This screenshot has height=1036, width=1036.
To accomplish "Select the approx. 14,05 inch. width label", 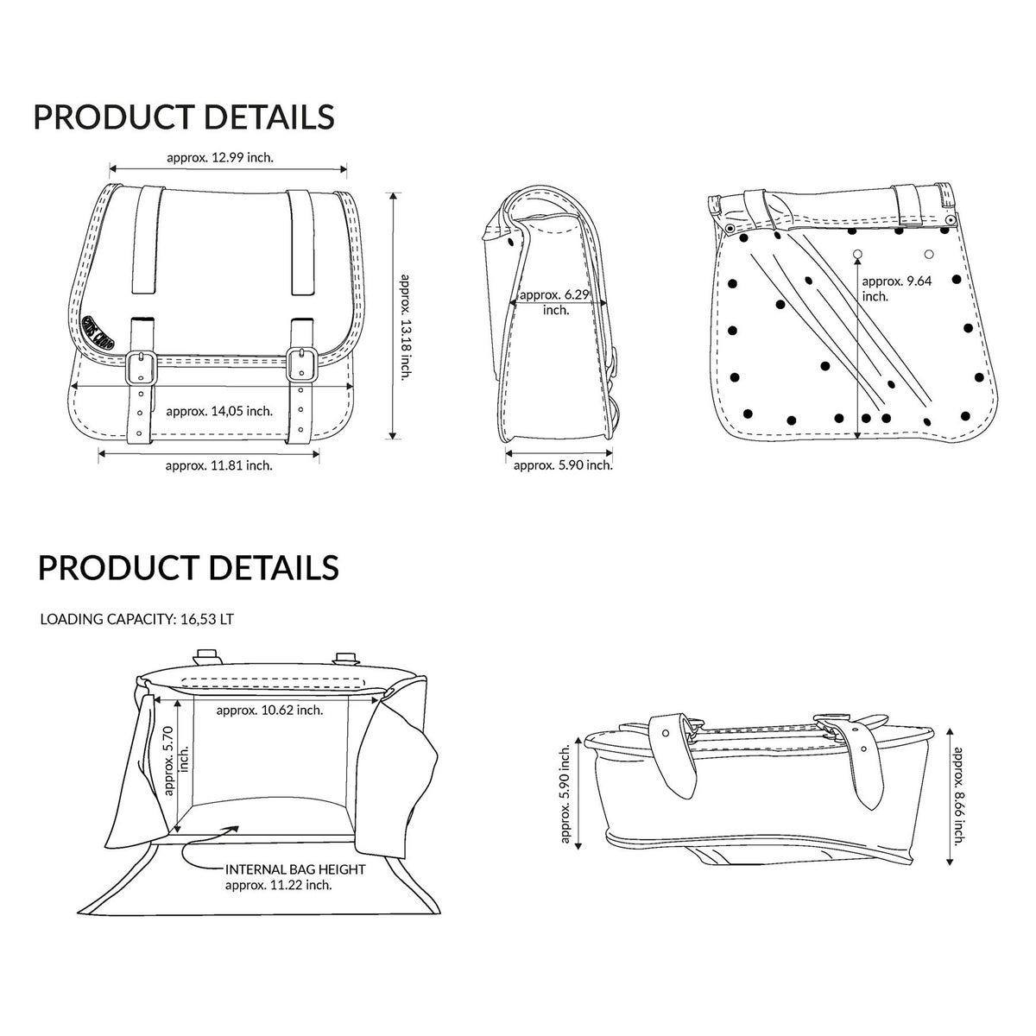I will click(219, 411).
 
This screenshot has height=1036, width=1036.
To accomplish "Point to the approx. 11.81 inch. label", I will click(218, 465).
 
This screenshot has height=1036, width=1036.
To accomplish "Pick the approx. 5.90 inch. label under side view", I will click(563, 465).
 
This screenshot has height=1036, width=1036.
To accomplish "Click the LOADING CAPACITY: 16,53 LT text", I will click(137, 619).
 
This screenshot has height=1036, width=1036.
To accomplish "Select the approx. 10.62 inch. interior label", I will click(269, 710).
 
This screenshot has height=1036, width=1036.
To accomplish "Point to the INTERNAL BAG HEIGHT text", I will click(294, 869).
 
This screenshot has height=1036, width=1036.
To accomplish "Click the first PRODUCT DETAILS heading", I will click(183, 117).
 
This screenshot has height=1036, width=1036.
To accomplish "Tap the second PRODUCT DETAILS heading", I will click(188, 567).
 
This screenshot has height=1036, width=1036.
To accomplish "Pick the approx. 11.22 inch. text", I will click(279, 885).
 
